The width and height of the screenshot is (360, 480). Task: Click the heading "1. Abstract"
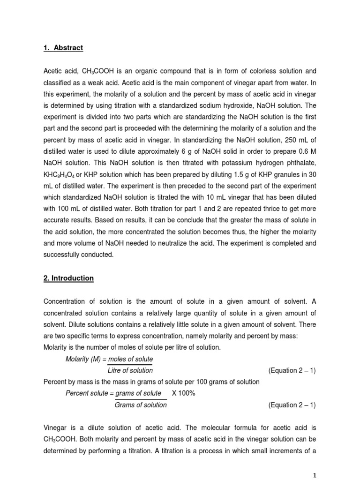tap(63, 48)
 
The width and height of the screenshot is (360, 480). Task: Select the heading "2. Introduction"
tap(68, 278)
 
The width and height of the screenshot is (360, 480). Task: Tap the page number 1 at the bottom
tap(315, 475)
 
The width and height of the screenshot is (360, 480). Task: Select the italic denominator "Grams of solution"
tap(140, 405)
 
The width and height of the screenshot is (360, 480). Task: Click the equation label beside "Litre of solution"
tap(292, 370)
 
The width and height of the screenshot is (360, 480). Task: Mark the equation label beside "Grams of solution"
tap(292, 405)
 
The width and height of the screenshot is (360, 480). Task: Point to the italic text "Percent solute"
tap(86, 393)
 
